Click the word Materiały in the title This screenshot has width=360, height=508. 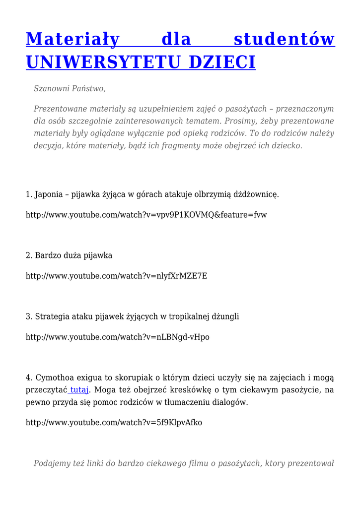click(72, 39)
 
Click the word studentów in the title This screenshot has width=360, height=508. click(284, 39)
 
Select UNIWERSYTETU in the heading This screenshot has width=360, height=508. click(103, 62)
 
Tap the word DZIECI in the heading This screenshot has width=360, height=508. click(223, 62)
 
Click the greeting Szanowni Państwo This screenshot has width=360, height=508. click(70, 88)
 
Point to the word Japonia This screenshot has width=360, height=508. click(49, 194)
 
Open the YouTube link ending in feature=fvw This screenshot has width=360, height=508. click(146, 215)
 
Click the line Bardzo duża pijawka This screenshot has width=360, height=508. click(69, 255)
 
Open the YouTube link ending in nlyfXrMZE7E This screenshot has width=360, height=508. click(116, 276)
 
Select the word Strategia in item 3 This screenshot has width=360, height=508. click(52, 317)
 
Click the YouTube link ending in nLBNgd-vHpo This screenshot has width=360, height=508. click(118, 337)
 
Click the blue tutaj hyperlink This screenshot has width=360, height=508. click(79, 390)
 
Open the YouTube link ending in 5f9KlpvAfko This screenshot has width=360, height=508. click(114, 423)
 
